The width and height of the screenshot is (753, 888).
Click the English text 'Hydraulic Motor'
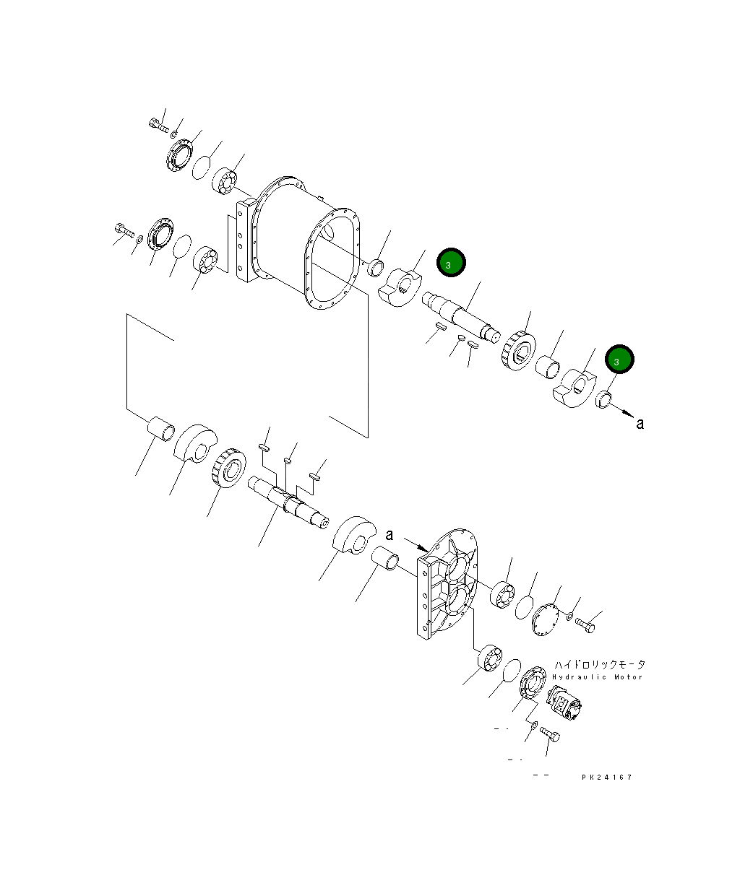tap(598, 677)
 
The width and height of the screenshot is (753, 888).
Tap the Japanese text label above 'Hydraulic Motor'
tap(600, 665)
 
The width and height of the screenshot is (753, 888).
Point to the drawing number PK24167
tap(607, 777)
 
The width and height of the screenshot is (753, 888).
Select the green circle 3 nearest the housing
tap(451, 262)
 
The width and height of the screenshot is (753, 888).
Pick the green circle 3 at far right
tap(619, 359)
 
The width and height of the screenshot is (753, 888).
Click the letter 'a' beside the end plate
tap(390, 535)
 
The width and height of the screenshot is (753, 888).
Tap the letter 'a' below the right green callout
tap(640, 424)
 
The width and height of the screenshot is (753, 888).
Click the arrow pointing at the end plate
tap(416, 545)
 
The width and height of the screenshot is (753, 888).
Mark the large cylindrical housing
tap(306, 242)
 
